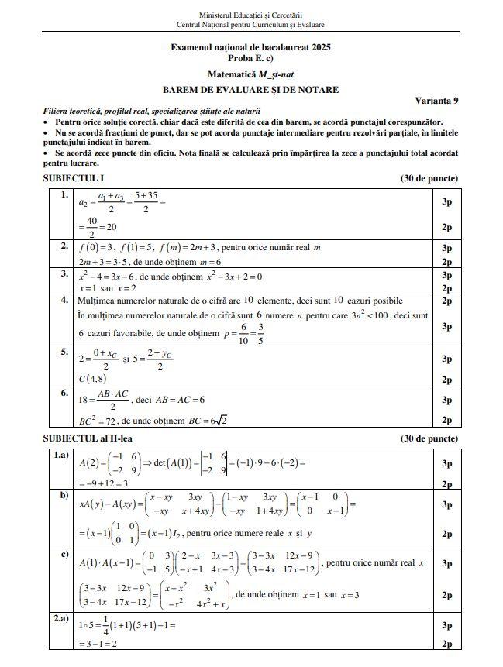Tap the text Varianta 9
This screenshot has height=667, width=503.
tap(436, 101)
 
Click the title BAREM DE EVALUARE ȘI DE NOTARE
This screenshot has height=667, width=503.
tap(250, 90)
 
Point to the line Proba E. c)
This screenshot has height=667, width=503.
tap(250, 58)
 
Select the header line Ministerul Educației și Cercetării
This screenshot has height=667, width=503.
tap(250, 15)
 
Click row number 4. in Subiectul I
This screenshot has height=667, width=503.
tap(64, 299)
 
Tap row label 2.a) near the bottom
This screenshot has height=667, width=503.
tap(61, 619)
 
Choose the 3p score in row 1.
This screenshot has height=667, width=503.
tap(446, 202)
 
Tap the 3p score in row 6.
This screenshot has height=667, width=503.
tap(446, 400)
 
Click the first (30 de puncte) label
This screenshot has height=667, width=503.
tap(429, 179)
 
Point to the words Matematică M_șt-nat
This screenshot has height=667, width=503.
tap(250, 74)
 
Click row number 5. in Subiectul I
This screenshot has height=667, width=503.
tap(64, 351)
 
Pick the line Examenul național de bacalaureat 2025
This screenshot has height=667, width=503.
tap(250, 47)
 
